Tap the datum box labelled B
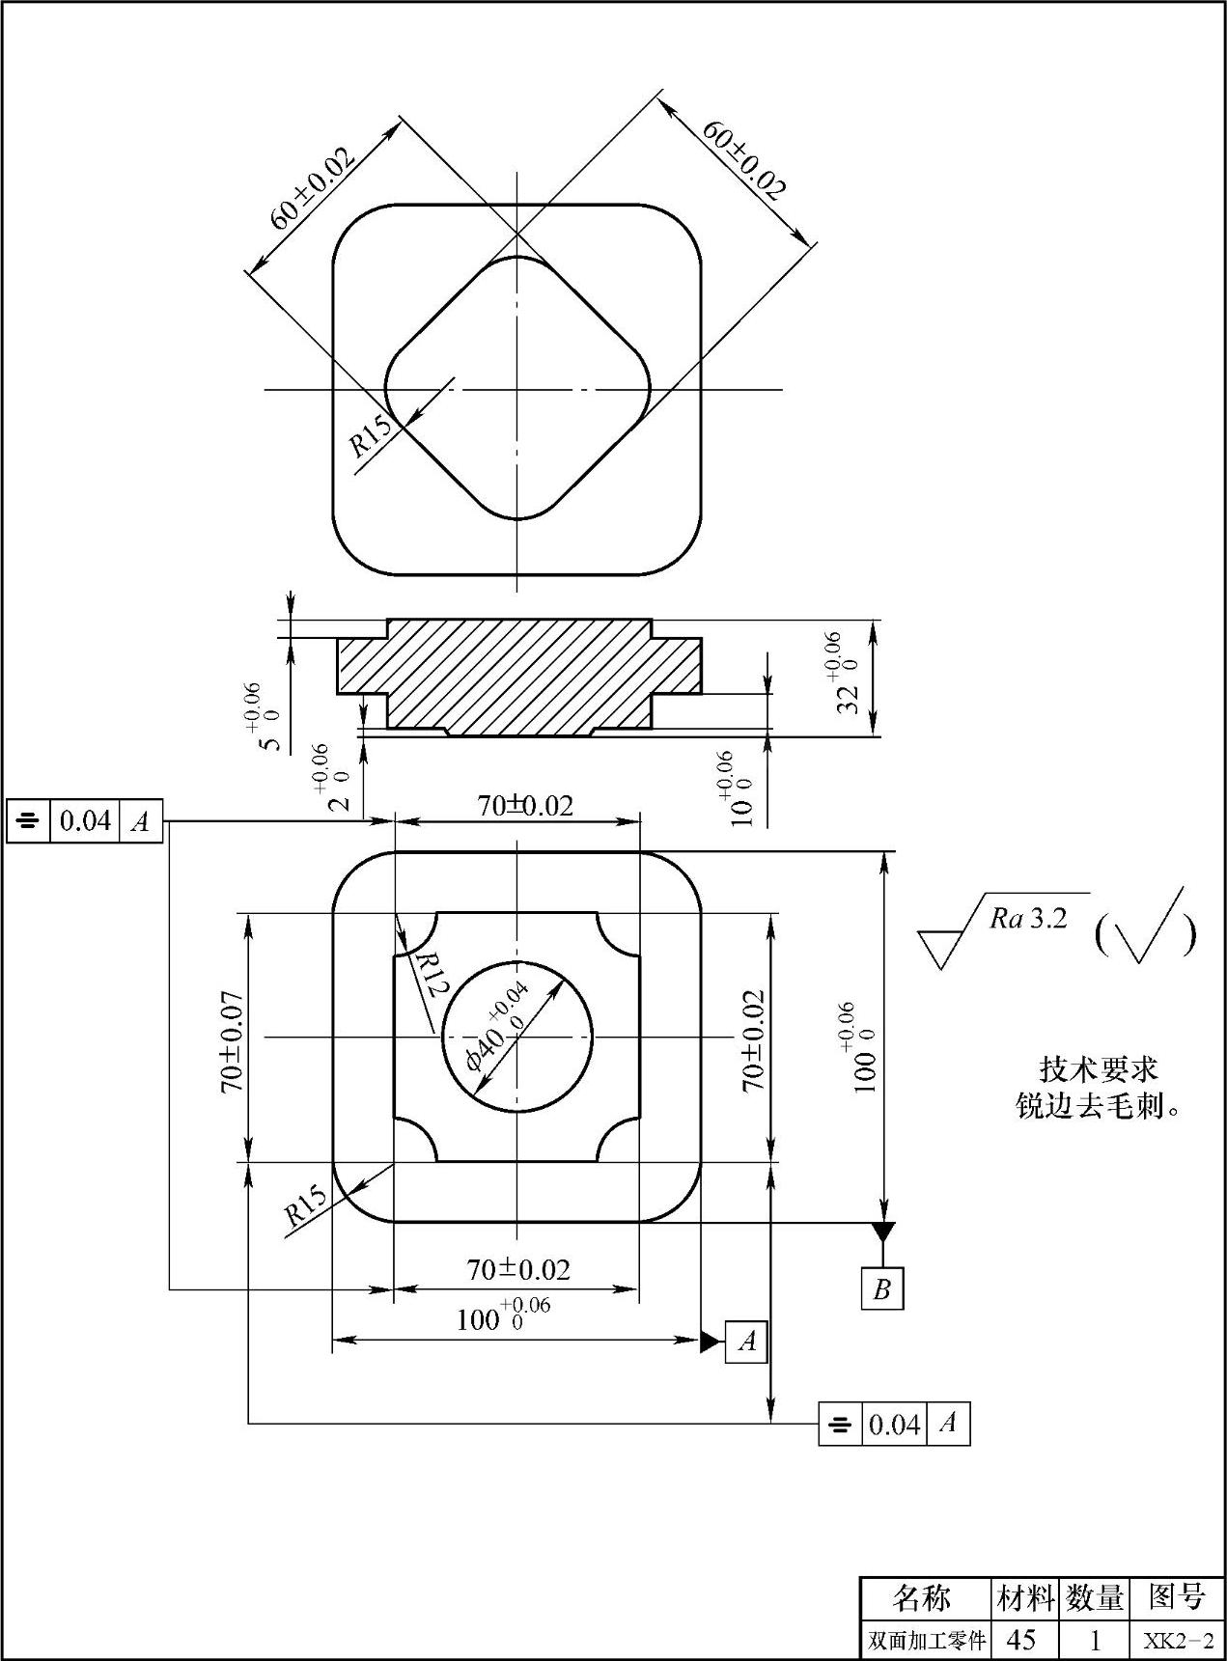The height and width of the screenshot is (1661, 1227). pos(881,1289)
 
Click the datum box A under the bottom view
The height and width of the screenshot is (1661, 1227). pos(746,1341)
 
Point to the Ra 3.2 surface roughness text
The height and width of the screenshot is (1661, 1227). pos(1028,918)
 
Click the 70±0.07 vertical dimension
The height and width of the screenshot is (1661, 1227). pos(232,1041)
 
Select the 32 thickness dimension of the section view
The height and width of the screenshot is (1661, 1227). pos(840,672)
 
